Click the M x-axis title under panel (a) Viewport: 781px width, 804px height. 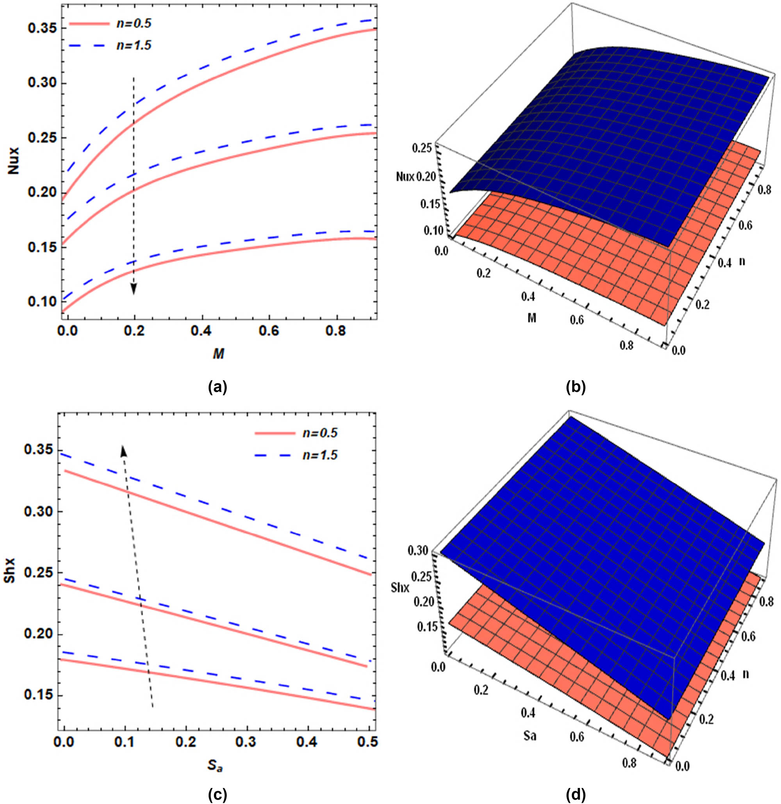point(219,354)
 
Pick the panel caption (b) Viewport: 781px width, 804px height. point(576,387)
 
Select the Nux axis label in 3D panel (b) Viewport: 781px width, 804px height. point(406,177)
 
